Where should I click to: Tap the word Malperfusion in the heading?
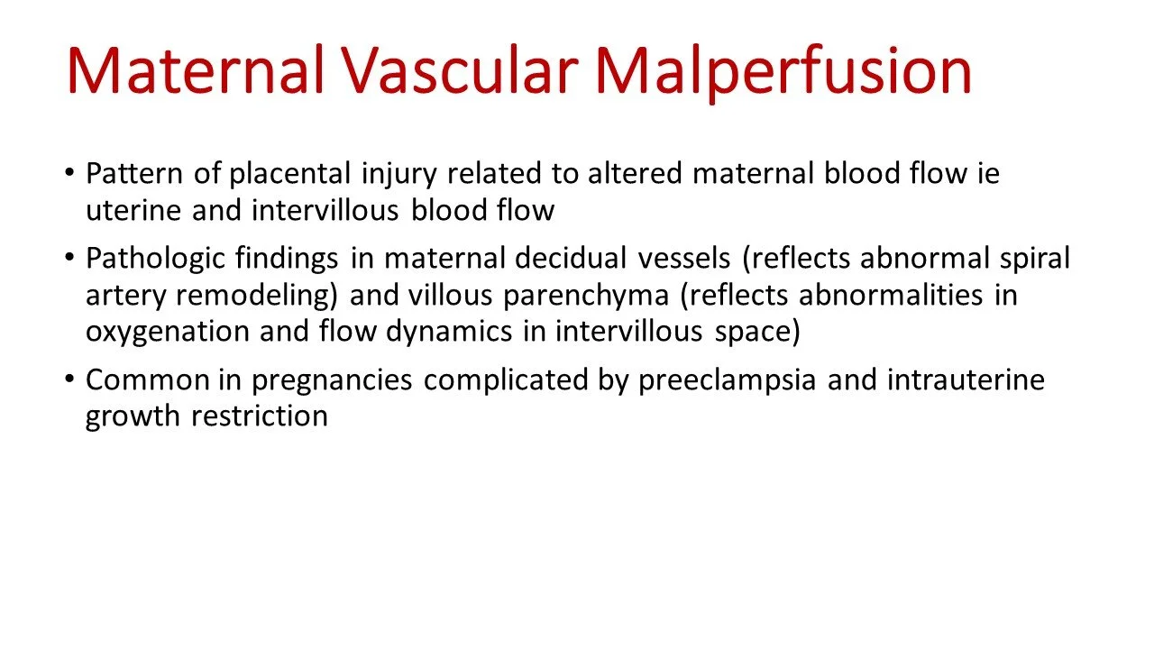[x=783, y=72]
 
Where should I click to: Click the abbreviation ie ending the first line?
[x=987, y=173]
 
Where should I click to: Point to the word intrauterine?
[x=966, y=379]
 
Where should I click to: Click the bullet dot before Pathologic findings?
[x=70, y=260]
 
